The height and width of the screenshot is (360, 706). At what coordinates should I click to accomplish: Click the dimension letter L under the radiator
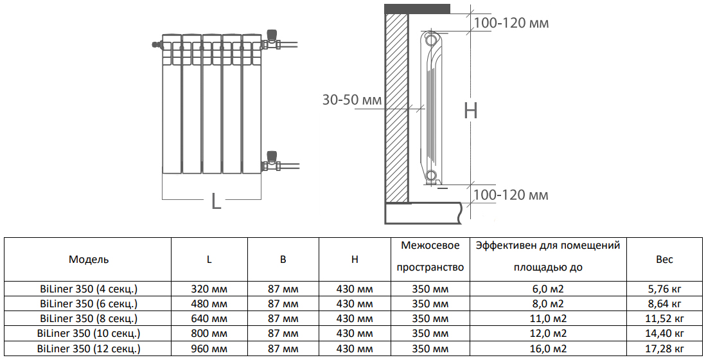point(216,201)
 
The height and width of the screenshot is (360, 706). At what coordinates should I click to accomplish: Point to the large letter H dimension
point(471,111)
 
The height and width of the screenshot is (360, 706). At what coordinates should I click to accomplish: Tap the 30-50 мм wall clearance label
point(351,100)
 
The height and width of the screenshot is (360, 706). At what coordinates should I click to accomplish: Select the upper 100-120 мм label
point(511,24)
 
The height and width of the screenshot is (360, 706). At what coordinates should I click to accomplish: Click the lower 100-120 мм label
point(511,195)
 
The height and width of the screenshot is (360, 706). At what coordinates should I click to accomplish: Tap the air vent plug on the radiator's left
point(156,45)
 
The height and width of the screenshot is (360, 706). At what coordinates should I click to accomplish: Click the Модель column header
point(89,260)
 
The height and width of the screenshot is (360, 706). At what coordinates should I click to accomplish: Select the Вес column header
point(664,260)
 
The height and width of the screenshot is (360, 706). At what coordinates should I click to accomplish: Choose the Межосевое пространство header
point(430,256)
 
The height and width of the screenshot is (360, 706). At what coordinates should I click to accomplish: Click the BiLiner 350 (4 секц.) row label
point(89,289)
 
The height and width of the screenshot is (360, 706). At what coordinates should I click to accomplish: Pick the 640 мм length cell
point(210,319)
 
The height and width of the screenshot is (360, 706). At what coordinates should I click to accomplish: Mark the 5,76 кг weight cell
point(664,289)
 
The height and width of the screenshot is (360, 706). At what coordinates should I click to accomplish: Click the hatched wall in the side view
point(396,109)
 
